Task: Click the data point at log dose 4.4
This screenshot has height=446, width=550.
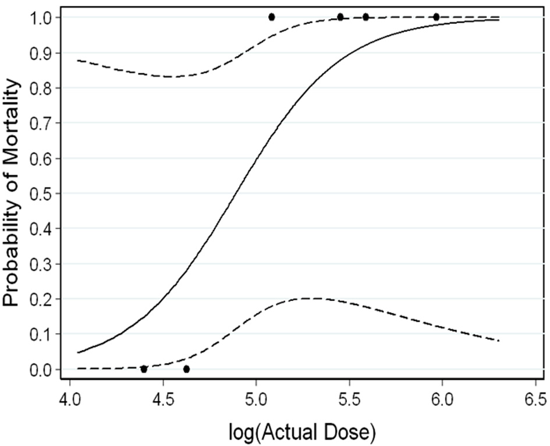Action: pyautogui.click(x=144, y=369)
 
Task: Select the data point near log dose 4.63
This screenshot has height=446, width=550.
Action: pyautogui.click(x=186, y=369)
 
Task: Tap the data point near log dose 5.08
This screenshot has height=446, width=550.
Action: pyautogui.click(x=272, y=17)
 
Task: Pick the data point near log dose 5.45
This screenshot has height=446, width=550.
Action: pyautogui.click(x=340, y=17)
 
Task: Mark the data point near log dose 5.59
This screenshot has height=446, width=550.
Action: pyautogui.click(x=366, y=17)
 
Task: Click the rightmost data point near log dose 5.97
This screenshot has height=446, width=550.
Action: pyautogui.click(x=437, y=17)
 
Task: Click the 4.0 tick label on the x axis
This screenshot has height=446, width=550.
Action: pyautogui.click(x=70, y=402)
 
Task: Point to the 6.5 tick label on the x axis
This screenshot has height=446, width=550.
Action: pyautogui.click(x=534, y=402)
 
